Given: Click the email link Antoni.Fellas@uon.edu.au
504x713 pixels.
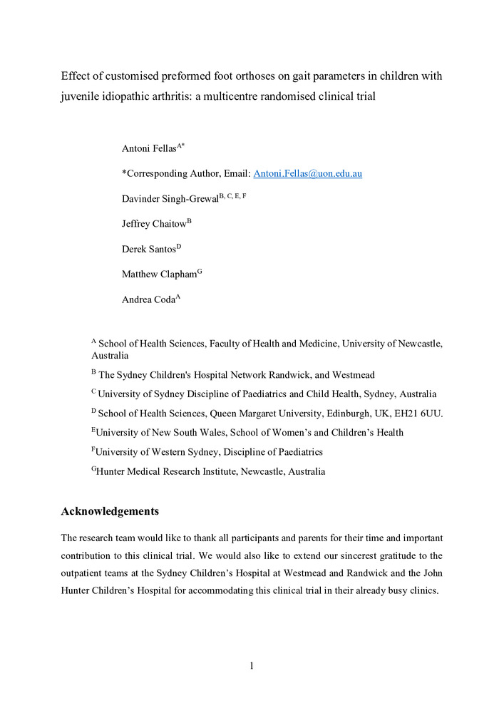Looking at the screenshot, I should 308,173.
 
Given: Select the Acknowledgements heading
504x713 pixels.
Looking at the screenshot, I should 110,511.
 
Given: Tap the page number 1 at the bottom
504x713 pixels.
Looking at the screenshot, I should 252,666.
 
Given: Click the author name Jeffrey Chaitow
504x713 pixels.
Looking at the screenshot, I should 154,224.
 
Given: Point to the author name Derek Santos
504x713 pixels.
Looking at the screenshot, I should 149,249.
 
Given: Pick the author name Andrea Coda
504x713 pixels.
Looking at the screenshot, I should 148,299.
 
